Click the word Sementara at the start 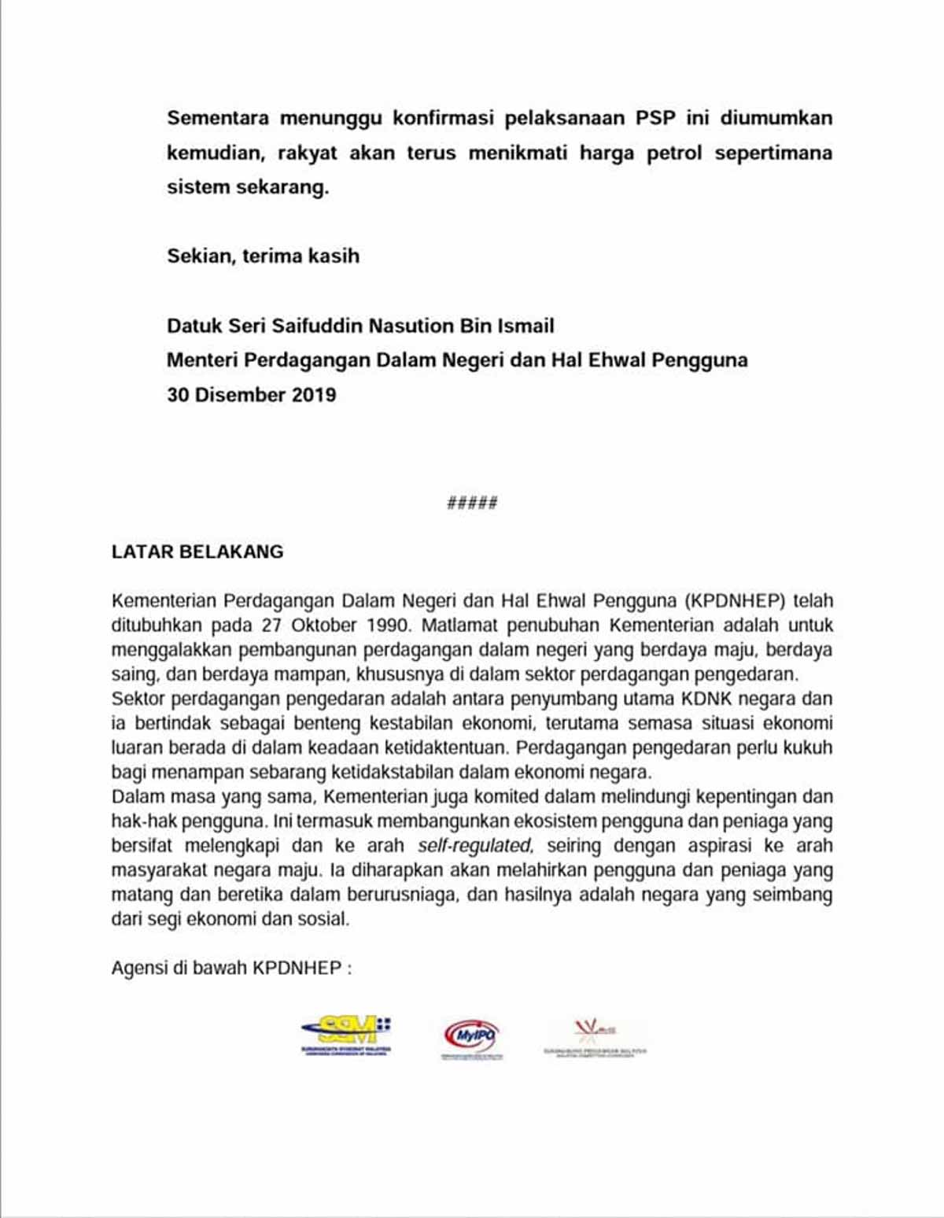[218, 118]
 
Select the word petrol [674, 153]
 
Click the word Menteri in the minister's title [202, 360]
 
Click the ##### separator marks [472, 503]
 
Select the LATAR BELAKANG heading [197, 552]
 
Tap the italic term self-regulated [475, 846]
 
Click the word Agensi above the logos [138, 968]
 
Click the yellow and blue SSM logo [346, 1035]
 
